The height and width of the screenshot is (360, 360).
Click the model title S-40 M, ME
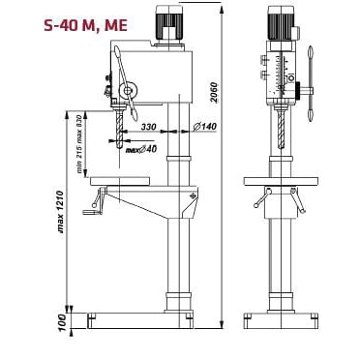coord(85,25)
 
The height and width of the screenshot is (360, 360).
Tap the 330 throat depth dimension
coord(148,127)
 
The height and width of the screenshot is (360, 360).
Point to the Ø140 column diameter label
coord(203,127)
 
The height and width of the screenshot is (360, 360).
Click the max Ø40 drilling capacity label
coord(141,150)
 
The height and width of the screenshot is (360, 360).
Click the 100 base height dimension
coord(62,320)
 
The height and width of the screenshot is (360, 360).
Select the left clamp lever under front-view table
coord(258,198)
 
